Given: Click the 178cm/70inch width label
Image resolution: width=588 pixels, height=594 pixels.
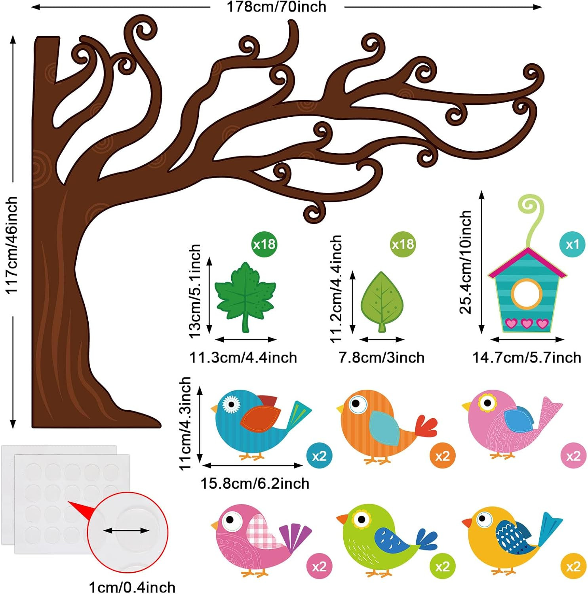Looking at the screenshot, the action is [x=276, y=7].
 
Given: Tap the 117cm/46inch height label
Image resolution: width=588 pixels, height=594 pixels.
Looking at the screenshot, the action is [x=11, y=246].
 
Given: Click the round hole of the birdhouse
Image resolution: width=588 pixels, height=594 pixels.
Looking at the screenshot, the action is [x=526, y=293].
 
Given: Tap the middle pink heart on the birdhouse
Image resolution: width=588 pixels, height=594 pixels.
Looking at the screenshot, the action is [x=527, y=324].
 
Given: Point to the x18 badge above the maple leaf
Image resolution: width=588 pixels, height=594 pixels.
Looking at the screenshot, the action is [x=264, y=244].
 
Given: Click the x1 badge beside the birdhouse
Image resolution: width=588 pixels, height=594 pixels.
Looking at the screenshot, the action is [x=572, y=244].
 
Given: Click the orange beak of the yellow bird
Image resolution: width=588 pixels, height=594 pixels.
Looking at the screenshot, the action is [x=467, y=523].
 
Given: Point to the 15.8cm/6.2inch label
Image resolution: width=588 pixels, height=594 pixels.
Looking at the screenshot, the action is [x=255, y=484].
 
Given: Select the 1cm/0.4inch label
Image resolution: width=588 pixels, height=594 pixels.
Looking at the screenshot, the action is [x=132, y=587].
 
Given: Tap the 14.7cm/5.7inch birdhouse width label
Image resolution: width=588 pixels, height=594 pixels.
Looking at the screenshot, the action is [x=527, y=358].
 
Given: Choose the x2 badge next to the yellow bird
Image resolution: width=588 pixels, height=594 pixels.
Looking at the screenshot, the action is [x=573, y=567].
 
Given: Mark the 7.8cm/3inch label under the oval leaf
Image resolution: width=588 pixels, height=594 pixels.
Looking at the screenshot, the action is [x=381, y=358].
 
